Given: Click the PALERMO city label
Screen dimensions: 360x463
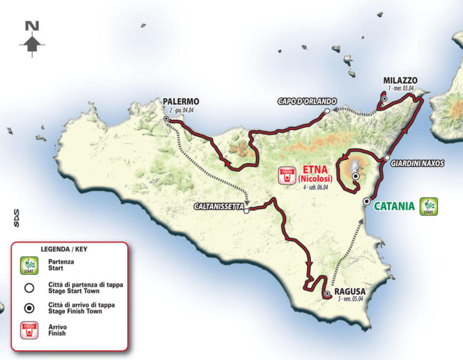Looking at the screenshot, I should click(181, 102).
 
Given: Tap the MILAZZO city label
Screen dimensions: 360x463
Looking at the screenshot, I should click(400, 81).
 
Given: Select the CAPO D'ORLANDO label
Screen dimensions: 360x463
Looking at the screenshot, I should click(307, 101).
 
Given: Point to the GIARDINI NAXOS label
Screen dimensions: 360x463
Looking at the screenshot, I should click(417, 164).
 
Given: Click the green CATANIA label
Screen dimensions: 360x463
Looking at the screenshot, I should click(394, 207).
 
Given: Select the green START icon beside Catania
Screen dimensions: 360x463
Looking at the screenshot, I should click(429, 206).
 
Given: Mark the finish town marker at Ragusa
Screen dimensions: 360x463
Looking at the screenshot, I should click(327, 294).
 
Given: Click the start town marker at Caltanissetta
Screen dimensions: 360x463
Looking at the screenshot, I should click(247, 211).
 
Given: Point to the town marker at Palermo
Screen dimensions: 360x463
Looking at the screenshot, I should click(166, 119).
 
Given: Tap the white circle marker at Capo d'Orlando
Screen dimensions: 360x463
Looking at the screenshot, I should click(327, 111).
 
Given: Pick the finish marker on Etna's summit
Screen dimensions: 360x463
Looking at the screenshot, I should click(355, 176).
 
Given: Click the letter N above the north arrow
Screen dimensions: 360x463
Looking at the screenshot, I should click(32, 26).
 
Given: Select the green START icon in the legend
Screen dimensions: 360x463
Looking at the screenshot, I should click(29, 265).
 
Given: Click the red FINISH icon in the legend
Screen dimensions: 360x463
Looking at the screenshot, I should click(29, 330).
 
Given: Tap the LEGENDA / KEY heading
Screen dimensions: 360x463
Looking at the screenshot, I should click(64, 249).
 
